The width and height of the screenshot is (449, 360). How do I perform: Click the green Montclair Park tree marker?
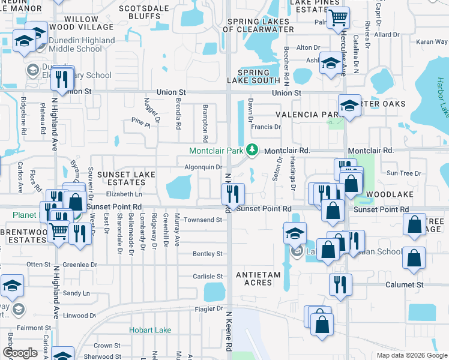coord(253,151)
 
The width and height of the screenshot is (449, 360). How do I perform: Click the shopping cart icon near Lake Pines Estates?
coord(339,17)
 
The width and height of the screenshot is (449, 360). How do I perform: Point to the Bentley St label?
coord(208,254)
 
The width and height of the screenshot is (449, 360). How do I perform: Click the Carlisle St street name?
coord(208,277)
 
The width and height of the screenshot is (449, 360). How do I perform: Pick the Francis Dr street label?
coord(266,127)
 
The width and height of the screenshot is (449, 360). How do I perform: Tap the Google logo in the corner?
coord(20,352)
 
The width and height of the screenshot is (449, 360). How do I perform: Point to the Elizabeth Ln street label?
coord(124,194)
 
